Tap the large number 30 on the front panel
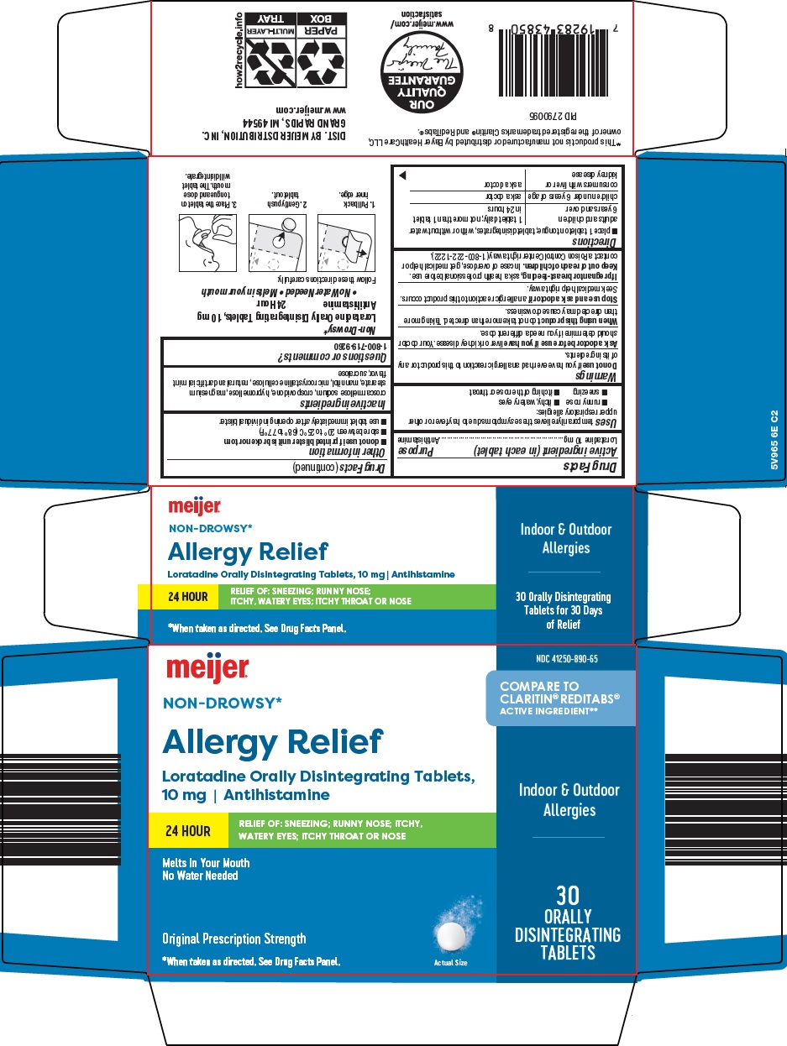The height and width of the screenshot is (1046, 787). click(x=567, y=894)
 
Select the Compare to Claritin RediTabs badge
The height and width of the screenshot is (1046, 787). click(x=561, y=698)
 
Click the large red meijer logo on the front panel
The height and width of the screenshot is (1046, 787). click(x=207, y=668)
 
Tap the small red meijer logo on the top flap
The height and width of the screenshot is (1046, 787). click(x=194, y=506)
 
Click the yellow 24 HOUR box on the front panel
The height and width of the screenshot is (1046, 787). click(x=187, y=831)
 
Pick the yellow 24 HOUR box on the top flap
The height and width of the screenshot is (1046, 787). click(x=177, y=597)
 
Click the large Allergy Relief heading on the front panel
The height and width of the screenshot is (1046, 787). click(x=272, y=742)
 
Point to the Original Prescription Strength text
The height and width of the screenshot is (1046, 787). click(x=233, y=939)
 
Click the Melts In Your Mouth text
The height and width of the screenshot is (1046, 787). click(x=206, y=863)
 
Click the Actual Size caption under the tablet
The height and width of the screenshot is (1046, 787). click(x=450, y=962)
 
